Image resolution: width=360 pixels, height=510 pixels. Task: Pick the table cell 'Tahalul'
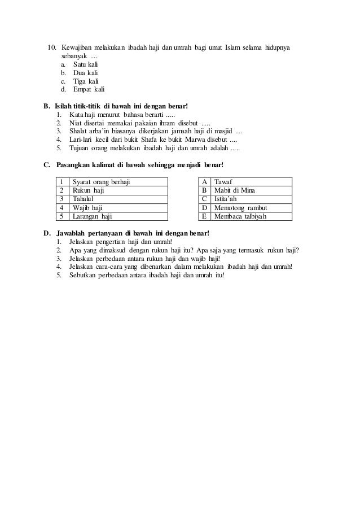tap(84, 199)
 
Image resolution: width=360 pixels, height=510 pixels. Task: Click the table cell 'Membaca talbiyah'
tap(240, 216)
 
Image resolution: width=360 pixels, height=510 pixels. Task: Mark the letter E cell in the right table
tap(204, 216)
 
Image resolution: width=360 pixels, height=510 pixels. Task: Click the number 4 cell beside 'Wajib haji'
tap(62, 207)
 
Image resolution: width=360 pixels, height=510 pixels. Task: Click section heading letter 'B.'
tap(46, 106)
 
